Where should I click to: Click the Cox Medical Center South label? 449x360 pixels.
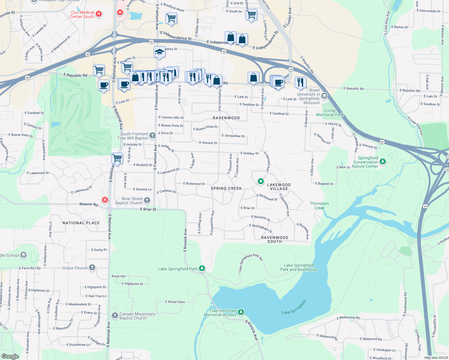(x=82, y=14)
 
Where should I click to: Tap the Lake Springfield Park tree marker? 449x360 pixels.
(x=202, y=268)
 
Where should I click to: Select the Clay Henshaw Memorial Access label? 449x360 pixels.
(x=220, y=313)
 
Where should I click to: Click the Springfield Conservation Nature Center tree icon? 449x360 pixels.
(x=382, y=162)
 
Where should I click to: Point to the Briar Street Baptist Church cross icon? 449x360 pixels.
(x=147, y=200)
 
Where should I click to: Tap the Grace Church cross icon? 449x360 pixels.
(x=92, y=268)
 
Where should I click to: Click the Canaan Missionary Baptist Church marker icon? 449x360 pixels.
(x=115, y=315)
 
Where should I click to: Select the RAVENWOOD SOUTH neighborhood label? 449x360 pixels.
(x=275, y=239)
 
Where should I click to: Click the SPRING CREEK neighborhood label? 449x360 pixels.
(x=226, y=188)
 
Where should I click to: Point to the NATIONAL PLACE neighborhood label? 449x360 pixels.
(x=81, y=223)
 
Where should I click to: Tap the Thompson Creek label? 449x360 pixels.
(x=319, y=205)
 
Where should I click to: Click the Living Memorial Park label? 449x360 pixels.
(x=330, y=112)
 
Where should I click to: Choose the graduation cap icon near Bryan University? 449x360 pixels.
(x=324, y=96)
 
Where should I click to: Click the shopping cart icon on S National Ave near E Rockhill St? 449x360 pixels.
(x=117, y=158)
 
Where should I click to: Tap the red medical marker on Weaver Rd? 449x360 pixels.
(x=105, y=200)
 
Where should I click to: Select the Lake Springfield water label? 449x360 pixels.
(x=294, y=307)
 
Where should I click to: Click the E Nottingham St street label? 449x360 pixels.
(x=261, y=228)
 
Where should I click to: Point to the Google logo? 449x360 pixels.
(x=10, y=356)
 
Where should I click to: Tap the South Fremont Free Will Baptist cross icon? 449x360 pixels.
(x=152, y=136)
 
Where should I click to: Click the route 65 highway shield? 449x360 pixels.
(x=426, y=206)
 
